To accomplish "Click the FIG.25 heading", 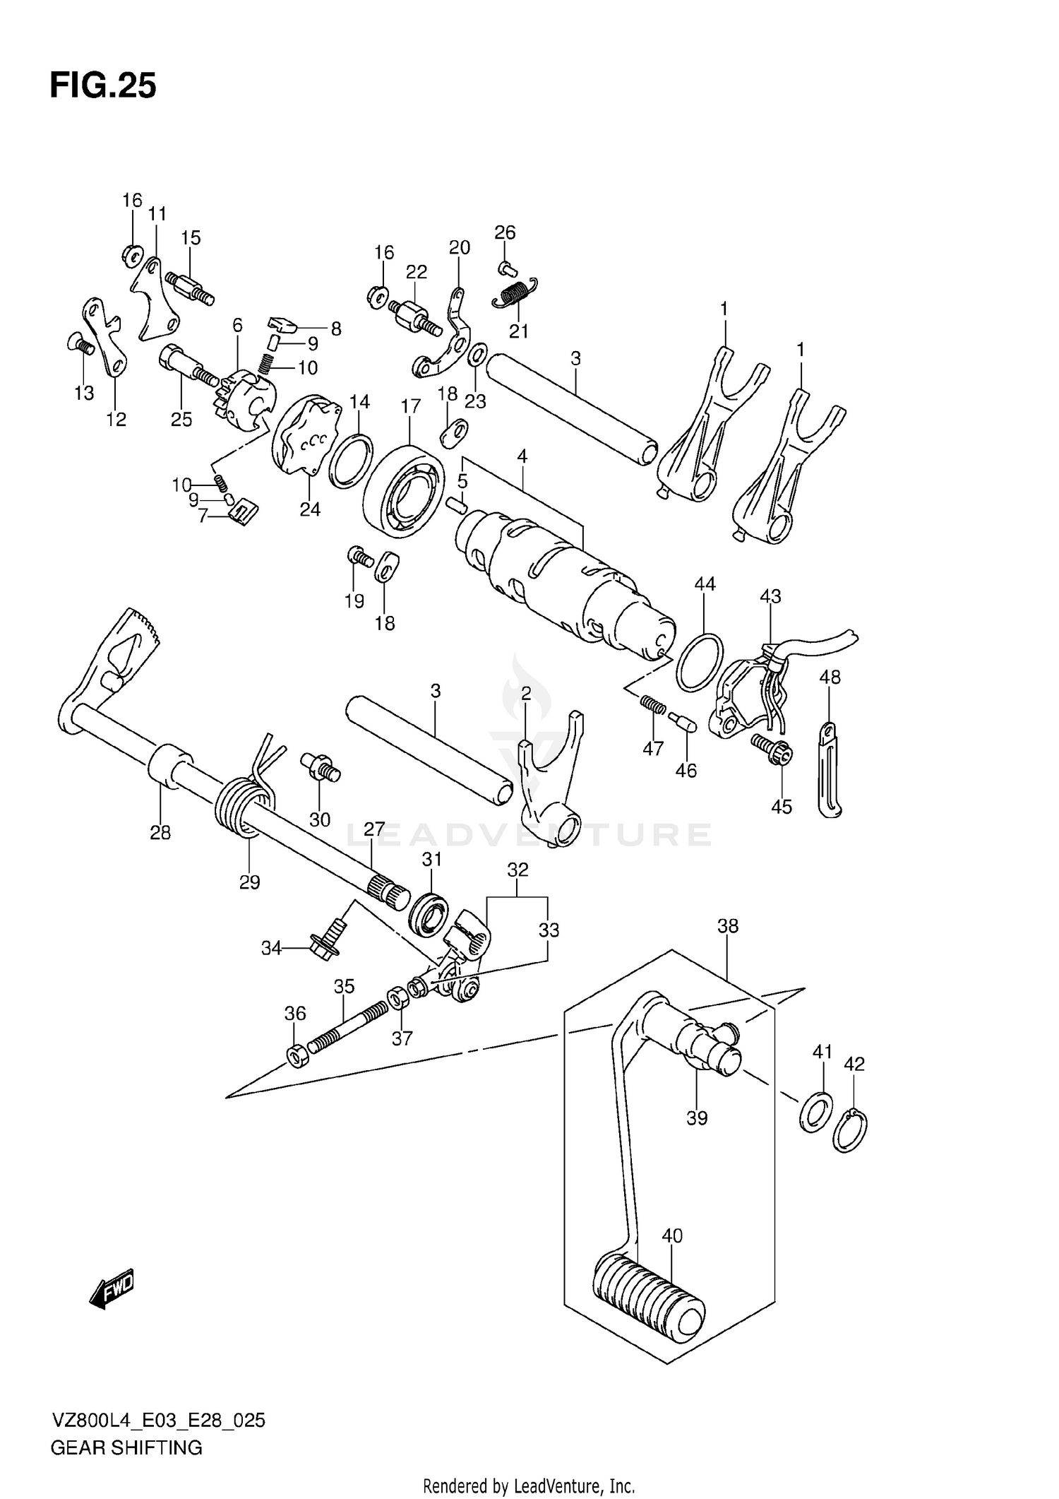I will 103,86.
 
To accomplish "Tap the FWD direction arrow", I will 112,1291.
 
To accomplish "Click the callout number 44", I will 705,584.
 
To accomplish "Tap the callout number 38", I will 728,925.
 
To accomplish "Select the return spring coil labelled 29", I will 244,807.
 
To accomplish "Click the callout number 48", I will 830,677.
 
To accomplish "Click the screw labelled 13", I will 80,345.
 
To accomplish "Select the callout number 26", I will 505,232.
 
